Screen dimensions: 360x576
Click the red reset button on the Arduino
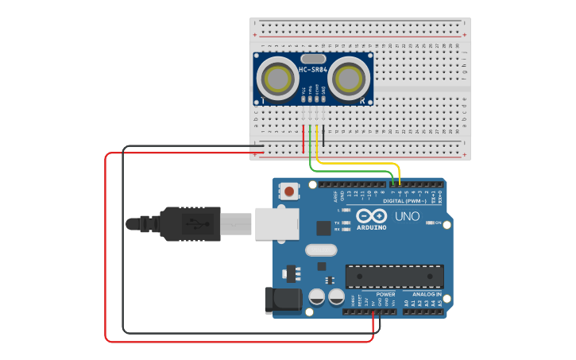click(x=290, y=192)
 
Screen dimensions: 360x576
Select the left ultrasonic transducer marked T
click(x=278, y=78)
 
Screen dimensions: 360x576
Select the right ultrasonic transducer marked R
click(x=349, y=78)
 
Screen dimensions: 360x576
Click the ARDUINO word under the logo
click(x=371, y=228)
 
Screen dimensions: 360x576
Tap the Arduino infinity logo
click(x=371, y=216)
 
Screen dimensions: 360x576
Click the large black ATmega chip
click(x=394, y=276)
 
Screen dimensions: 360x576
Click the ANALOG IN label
click(x=427, y=294)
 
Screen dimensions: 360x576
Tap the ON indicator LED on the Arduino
click(x=430, y=223)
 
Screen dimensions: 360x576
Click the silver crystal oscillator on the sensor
click(x=313, y=58)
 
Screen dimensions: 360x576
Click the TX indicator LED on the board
click(x=346, y=223)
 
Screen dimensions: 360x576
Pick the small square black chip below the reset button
click(x=323, y=228)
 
